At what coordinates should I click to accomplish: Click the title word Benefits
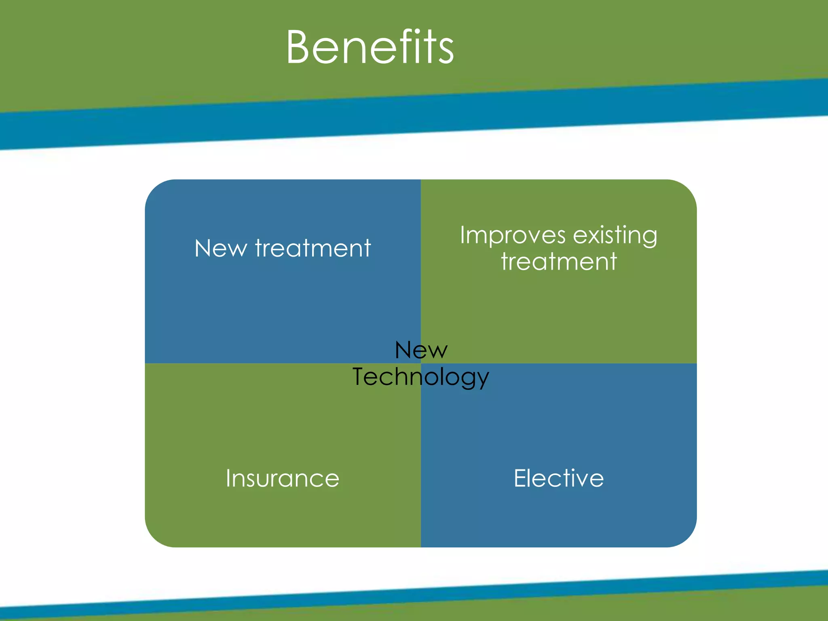coord(370,47)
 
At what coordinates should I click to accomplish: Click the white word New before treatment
coord(220,248)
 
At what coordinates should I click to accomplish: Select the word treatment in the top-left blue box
coord(313,248)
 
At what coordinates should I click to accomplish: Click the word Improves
coord(513,236)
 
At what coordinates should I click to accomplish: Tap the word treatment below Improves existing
coord(559,262)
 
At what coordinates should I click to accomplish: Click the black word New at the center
coord(421,350)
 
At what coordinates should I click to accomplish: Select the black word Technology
coord(420,377)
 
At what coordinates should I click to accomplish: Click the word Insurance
coord(282,478)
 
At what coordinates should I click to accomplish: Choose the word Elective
coord(559,478)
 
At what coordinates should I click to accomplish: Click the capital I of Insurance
coord(228,478)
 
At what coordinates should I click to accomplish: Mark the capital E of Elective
coord(520,478)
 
